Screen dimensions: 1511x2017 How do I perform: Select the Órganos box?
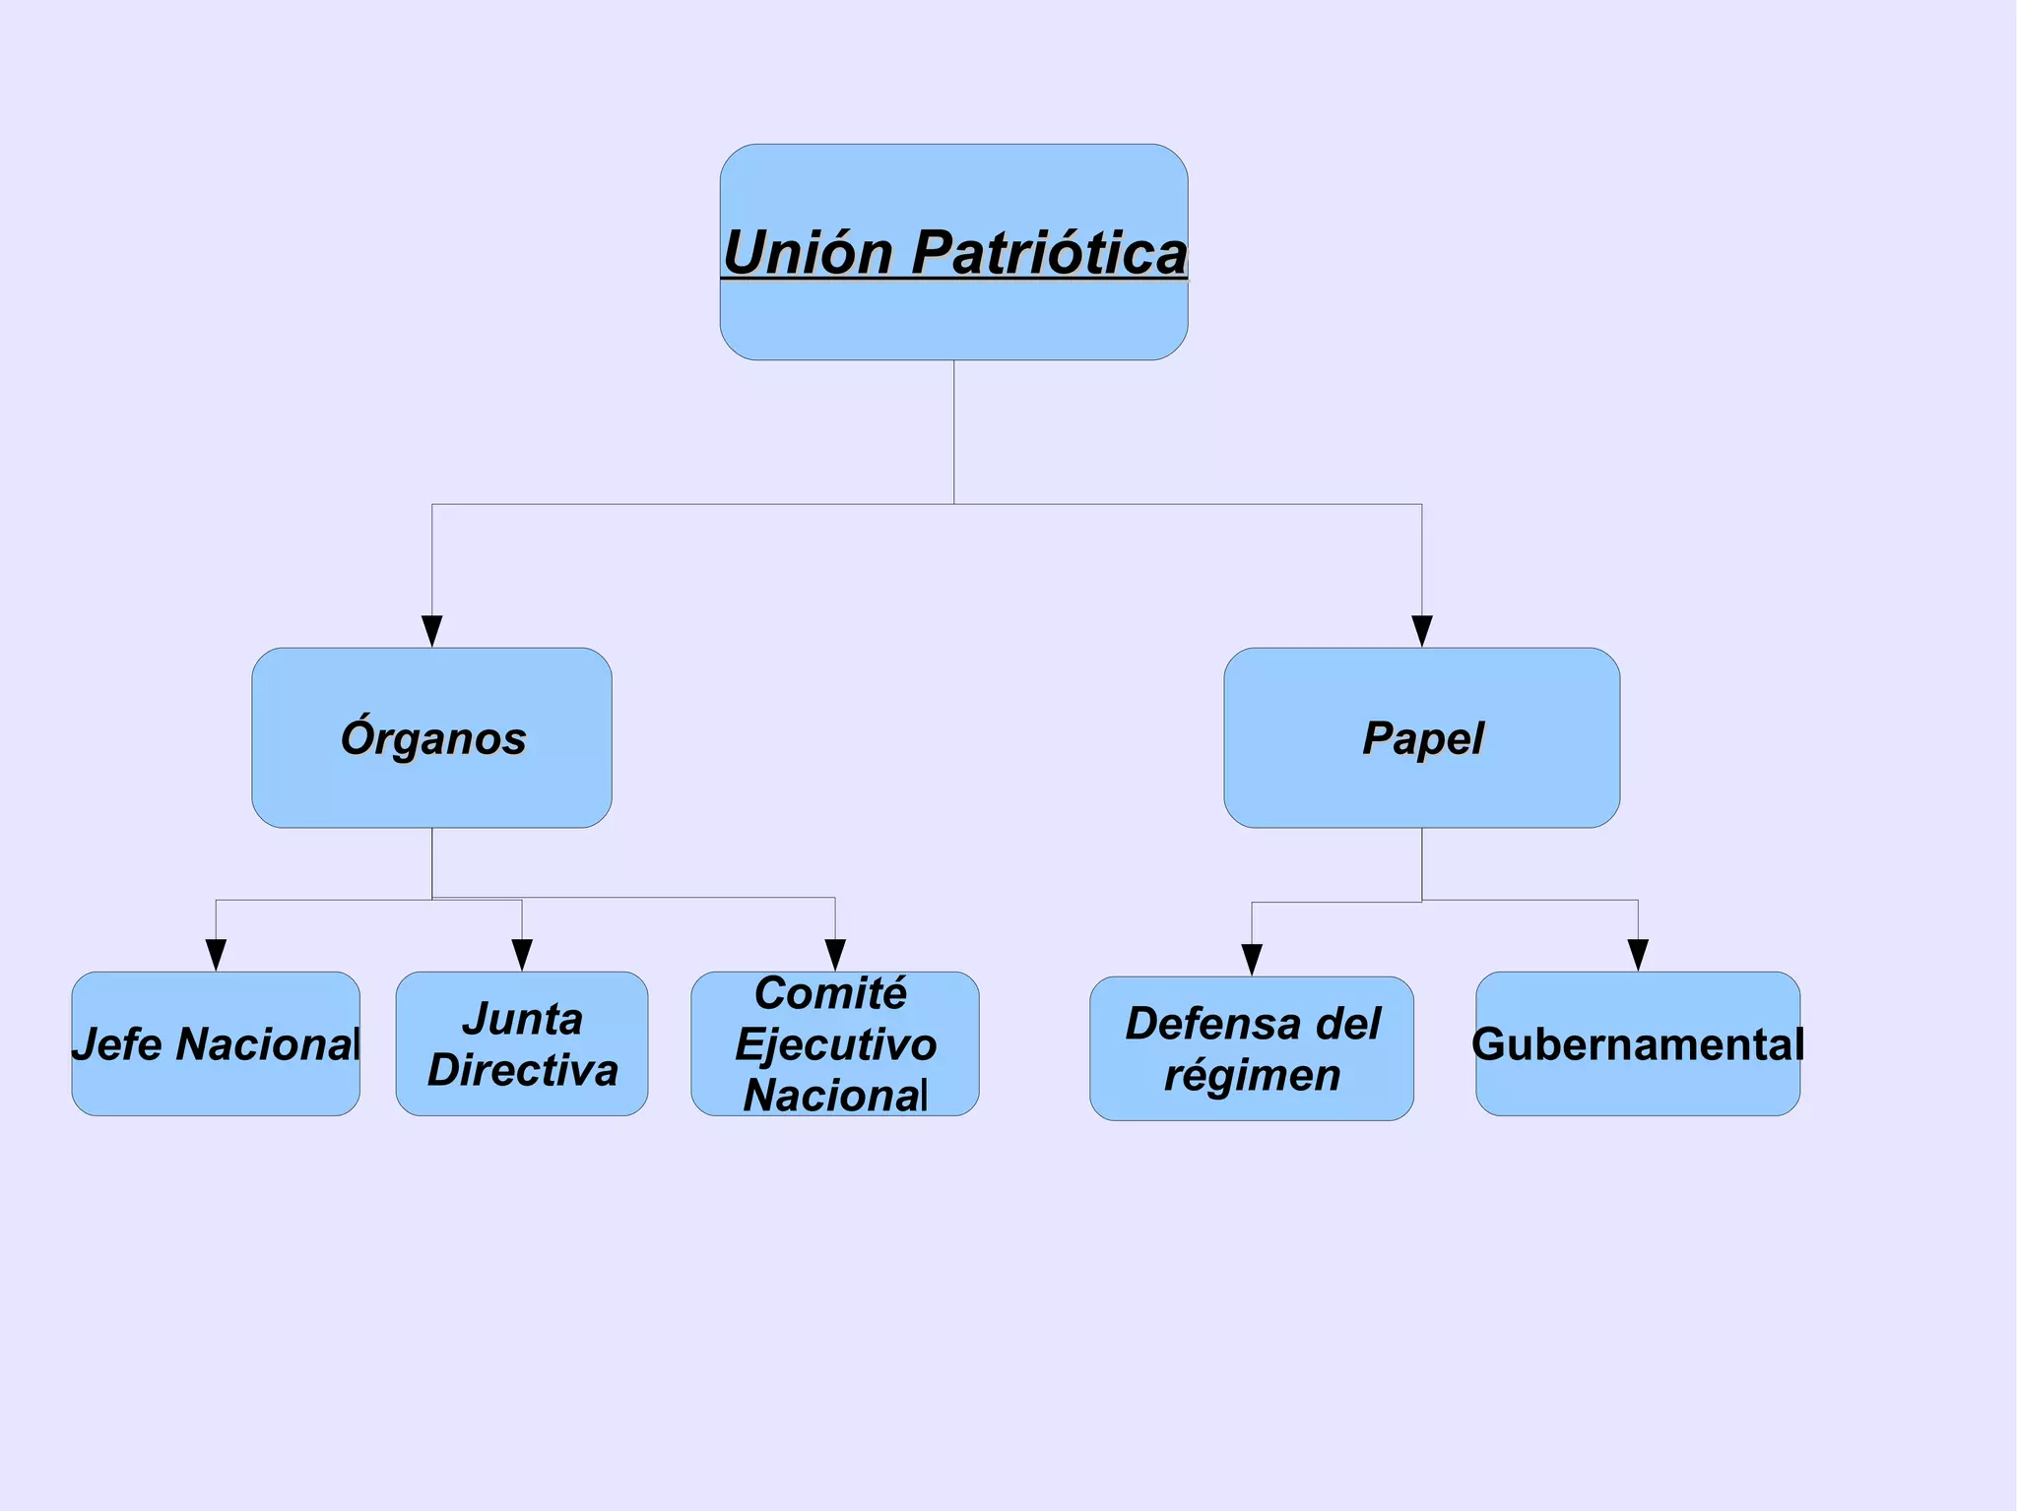432,738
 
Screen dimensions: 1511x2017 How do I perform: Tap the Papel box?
1421,738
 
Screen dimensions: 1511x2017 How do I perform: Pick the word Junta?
522,1020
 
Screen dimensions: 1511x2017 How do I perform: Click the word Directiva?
522,1071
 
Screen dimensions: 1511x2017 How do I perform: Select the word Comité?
830,993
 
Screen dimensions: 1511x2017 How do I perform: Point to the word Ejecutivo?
835,1044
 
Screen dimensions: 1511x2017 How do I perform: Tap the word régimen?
1252,1076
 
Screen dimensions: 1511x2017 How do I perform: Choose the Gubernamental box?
1638,1044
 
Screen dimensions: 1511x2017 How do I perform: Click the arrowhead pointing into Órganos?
432,631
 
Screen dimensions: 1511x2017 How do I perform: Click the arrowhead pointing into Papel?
1421,631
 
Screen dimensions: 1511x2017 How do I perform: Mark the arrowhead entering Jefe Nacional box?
216,955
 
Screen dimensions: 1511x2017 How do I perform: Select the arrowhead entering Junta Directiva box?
522,955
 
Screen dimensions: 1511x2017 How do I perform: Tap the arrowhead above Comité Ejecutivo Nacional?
835,955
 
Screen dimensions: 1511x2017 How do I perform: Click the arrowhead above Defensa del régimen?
1252,960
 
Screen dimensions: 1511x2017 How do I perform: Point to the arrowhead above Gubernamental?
1638,955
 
